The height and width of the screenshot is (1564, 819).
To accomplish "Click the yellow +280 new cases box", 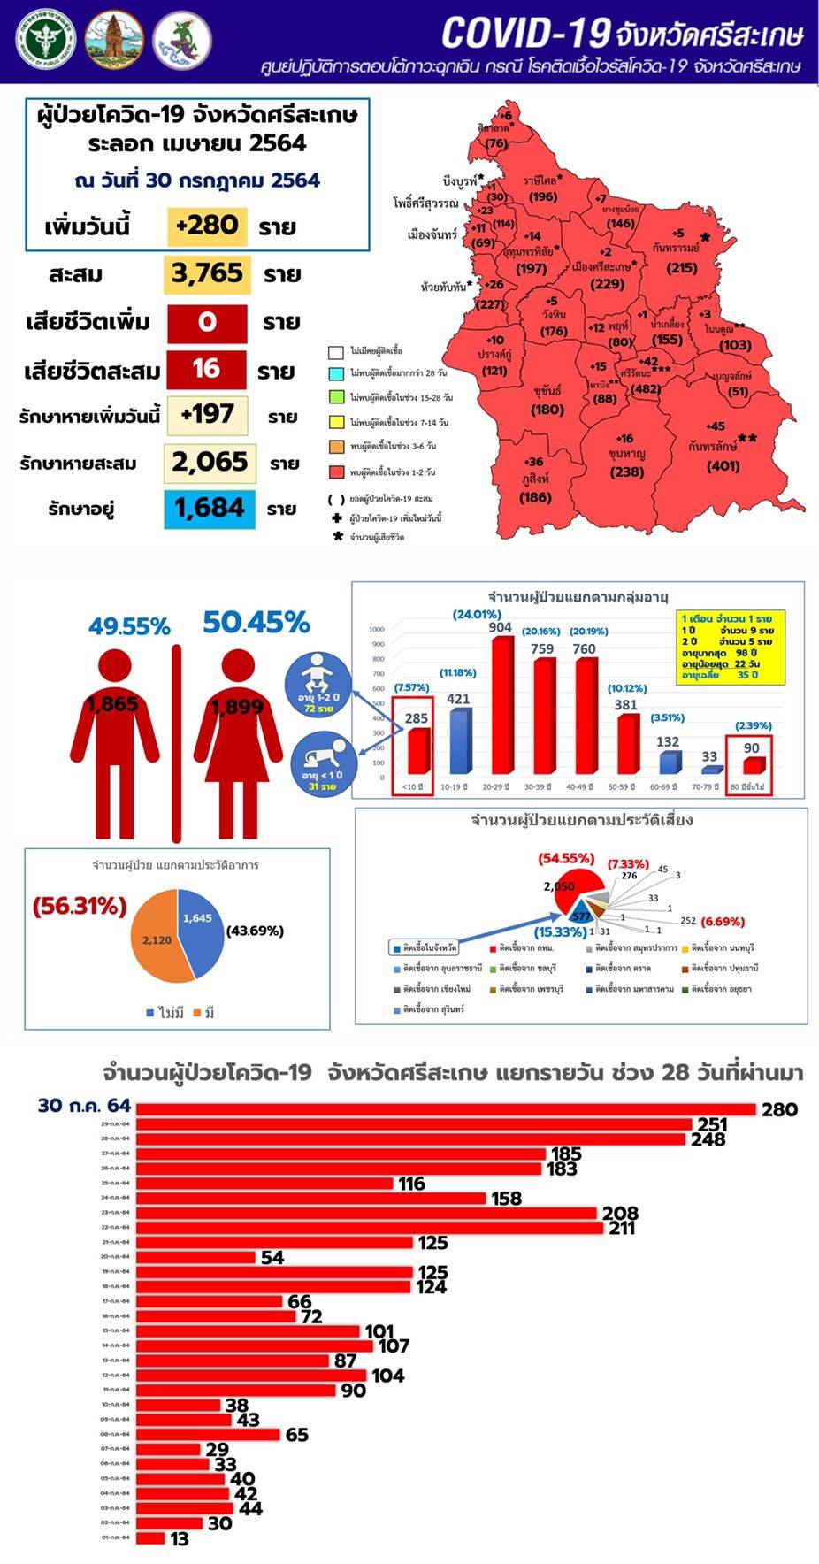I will point(207,226).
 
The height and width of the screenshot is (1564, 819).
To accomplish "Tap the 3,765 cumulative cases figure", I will point(207,273).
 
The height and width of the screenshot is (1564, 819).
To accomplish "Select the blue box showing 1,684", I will point(210,509).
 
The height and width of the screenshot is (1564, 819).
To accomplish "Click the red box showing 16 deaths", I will point(207,369).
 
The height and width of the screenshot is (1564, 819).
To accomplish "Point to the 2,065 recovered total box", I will point(210,462).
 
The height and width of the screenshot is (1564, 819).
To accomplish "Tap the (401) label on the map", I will point(723,466).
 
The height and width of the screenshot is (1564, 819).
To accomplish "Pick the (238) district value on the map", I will point(627,472).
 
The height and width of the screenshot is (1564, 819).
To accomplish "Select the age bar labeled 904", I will point(501,704).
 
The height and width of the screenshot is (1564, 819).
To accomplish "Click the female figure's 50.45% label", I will point(256,623).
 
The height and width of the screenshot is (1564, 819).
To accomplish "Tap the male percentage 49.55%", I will point(129,626).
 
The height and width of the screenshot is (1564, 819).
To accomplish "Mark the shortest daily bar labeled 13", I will point(150,1538).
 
